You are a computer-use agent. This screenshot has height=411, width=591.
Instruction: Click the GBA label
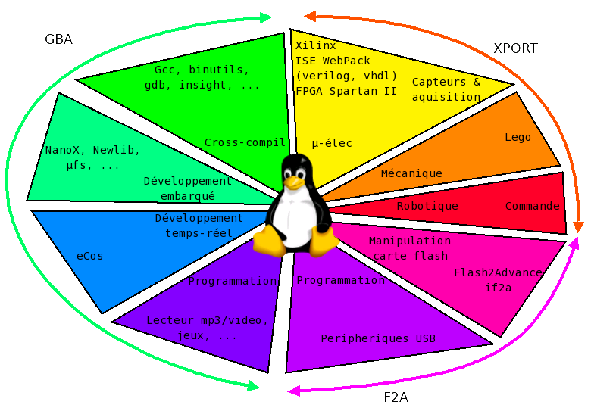click(58, 39)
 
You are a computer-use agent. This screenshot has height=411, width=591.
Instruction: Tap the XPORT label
click(515, 48)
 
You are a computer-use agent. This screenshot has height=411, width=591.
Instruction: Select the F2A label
click(396, 397)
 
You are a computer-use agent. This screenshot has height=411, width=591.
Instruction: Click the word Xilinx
click(315, 45)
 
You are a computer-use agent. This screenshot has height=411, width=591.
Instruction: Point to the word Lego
click(518, 137)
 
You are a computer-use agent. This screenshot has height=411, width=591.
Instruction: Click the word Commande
click(532, 206)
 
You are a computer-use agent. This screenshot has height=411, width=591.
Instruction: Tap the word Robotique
click(427, 206)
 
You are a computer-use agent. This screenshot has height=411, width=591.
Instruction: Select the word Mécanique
click(411, 173)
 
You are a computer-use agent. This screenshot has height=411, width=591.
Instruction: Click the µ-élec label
click(332, 143)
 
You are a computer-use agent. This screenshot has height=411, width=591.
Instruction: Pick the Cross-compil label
click(245, 142)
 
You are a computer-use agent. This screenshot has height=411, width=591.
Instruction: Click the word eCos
click(89, 257)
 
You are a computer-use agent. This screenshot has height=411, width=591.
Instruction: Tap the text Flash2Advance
click(498, 272)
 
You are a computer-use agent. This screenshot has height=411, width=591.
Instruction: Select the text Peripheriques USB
click(378, 339)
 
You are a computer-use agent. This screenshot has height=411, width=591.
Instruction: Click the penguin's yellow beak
click(294, 183)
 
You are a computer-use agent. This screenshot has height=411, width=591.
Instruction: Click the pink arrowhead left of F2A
click(294, 391)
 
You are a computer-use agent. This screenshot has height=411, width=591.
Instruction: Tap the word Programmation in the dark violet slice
click(232, 281)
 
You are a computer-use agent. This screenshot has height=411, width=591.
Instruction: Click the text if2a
click(498, 288)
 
